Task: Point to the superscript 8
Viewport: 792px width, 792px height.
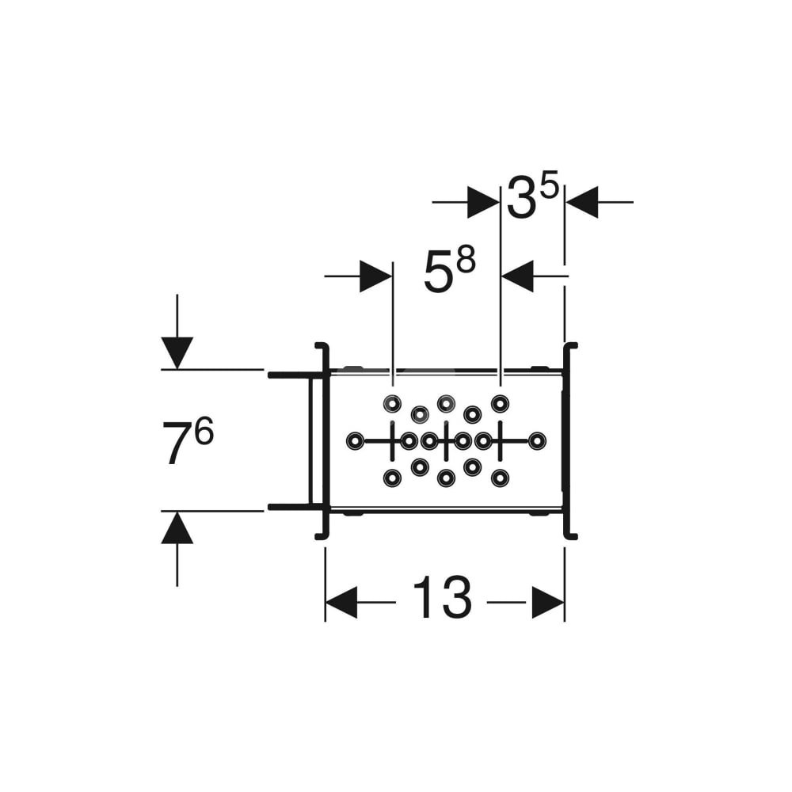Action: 466,261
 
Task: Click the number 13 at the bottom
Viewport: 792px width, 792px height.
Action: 442,600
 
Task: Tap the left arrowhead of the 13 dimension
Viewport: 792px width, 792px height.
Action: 341,603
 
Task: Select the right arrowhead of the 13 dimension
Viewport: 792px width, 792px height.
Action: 548,603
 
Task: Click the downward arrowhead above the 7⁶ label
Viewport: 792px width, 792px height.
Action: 177,352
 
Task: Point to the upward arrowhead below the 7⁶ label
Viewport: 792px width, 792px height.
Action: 177,528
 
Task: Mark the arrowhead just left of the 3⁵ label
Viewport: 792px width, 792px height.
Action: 483,202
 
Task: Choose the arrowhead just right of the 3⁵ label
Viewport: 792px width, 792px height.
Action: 582,202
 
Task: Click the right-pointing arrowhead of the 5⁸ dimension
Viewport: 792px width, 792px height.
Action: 375,276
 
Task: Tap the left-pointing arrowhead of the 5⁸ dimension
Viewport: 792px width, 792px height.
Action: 518,276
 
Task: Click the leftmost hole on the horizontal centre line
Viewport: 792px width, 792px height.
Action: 354,440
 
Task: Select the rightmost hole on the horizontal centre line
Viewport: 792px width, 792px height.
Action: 538,440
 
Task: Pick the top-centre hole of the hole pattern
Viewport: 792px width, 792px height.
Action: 446,403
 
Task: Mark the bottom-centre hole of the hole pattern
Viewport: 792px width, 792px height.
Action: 446,478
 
